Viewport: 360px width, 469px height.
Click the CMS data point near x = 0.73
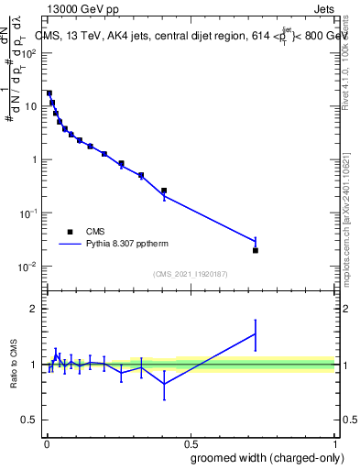pos(256,250)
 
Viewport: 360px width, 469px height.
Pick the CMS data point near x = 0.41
pos(164,191)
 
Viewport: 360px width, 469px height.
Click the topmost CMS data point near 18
pos(49,93)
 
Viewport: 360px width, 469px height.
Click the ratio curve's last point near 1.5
pos(256,333)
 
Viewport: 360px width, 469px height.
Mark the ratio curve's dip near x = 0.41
pos(164,384)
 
